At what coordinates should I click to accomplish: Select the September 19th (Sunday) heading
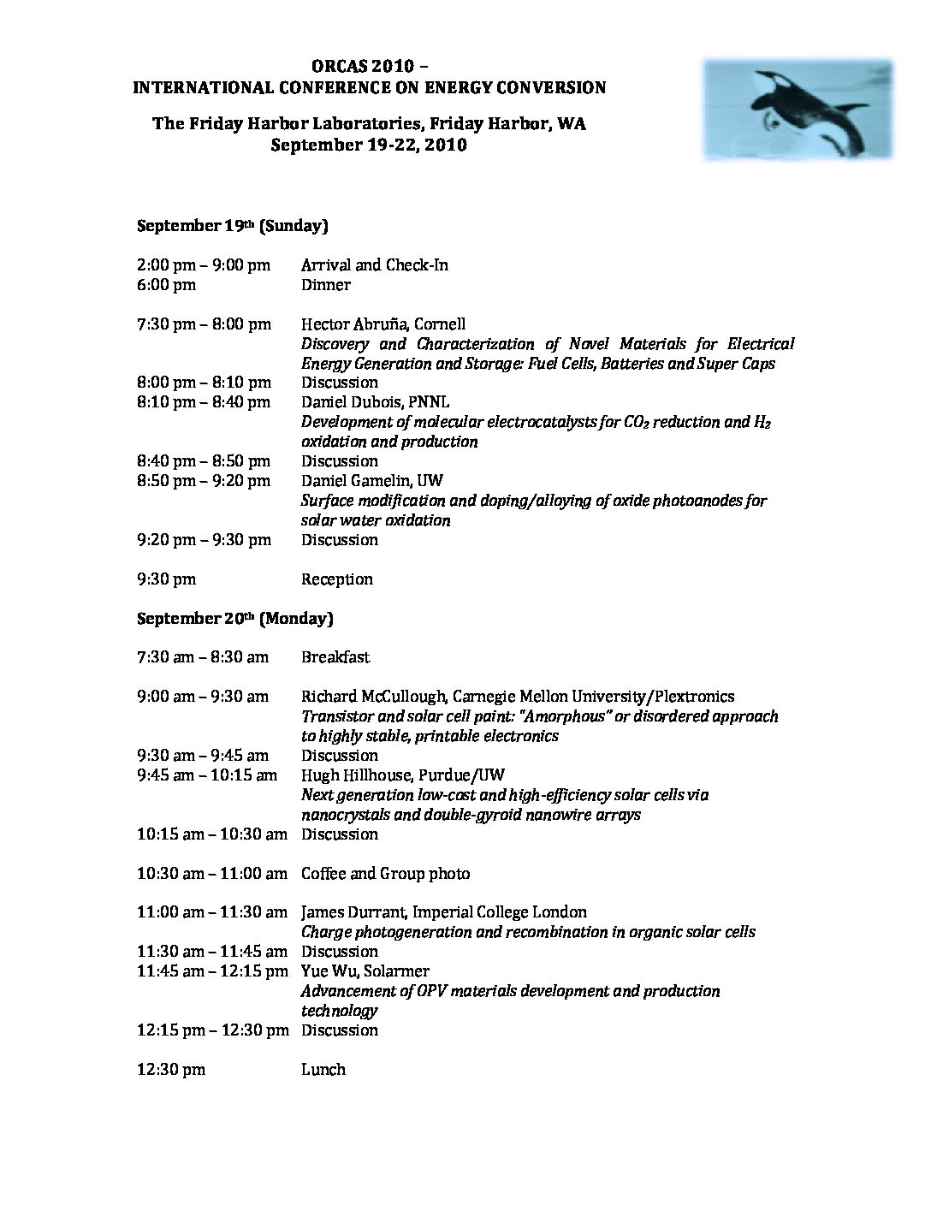click(x=232, y=226)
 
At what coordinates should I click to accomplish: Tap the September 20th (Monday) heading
click(x=234, y=618)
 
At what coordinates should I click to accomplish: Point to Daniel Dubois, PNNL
click(x=375, y=402)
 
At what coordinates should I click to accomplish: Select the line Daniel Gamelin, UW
click(x=371, y=481)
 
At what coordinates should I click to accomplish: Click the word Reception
click(x=336, y=579)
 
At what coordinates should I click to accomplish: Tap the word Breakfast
click(x=335, y=657)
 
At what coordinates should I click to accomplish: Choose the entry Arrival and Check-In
click(x=374, y=265)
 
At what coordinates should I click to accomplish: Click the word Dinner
click(x=325, y=285)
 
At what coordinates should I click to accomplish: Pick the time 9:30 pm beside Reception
click(x=166, y=579)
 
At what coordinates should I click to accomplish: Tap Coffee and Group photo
click(x=385, y=874)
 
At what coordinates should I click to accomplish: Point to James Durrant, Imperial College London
click(x=443, y=912)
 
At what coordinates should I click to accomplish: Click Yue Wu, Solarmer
click(x=365, y=971)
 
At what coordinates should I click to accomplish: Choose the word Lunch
click(x=323, y=1070)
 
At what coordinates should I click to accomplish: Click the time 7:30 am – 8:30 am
click(x=202, y=657)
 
